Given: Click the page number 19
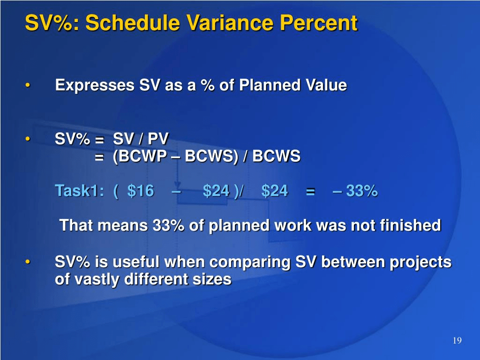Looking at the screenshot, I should pos(457,341).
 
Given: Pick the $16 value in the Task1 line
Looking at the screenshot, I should pos(141,191).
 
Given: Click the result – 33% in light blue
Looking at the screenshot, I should pos(355,191).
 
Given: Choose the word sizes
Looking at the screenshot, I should pos(214,279).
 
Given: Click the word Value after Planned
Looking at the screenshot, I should pos(326,85).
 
